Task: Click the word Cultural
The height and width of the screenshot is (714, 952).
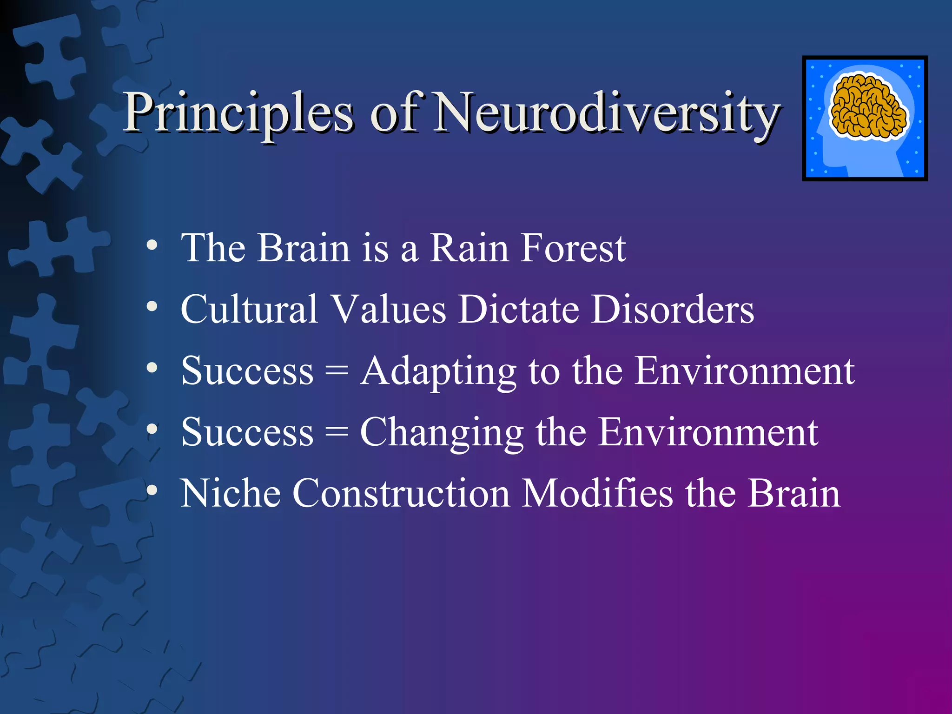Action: coord(249,310)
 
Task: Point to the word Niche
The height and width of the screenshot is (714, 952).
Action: coord(231,494)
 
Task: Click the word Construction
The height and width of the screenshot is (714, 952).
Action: coord(401,494)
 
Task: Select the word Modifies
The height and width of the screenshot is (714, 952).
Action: coord(597,494)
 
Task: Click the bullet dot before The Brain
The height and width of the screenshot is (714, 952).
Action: coord(152,246)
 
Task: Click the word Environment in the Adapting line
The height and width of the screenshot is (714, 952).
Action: coord(744,371)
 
